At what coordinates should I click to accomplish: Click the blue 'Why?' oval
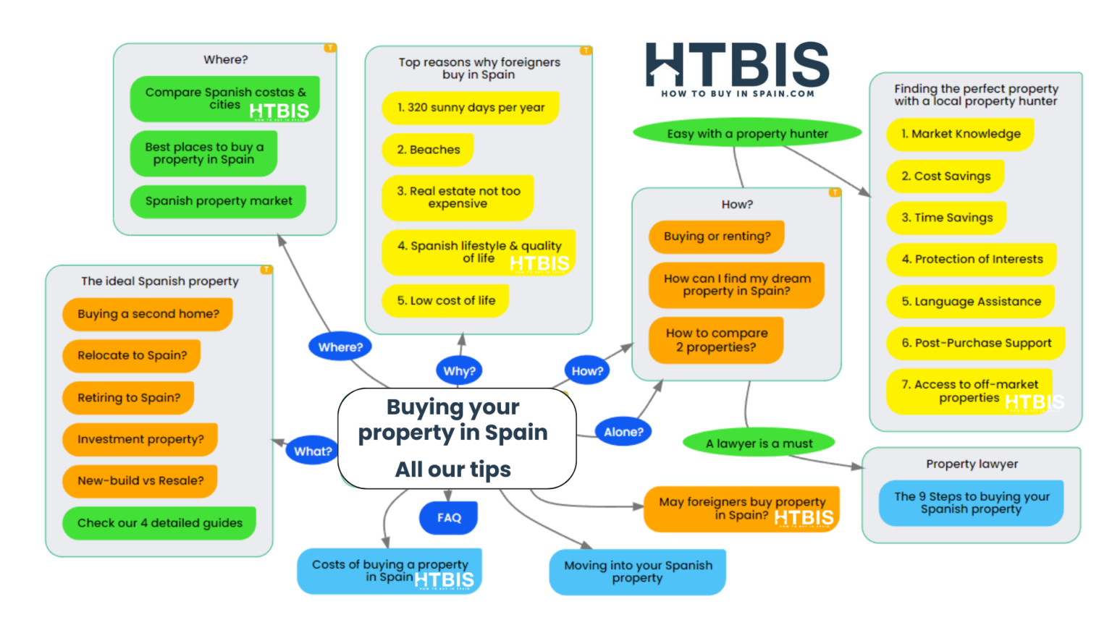459,371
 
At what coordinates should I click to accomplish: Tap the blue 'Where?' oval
340,347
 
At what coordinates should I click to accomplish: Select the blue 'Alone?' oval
623,432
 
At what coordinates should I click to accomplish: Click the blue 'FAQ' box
449,518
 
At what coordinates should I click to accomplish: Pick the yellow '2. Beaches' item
428,150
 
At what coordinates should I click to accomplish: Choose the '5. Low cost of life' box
445,301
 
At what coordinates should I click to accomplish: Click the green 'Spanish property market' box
218,201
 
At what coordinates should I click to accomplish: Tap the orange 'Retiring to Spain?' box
129,398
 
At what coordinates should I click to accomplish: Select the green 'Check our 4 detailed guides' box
159,523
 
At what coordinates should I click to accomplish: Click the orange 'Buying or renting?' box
717,237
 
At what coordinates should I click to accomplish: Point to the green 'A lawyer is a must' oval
759,443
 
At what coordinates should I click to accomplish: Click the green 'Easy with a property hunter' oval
747,134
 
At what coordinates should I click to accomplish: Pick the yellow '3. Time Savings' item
946,218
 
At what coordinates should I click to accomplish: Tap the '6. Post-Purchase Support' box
975,344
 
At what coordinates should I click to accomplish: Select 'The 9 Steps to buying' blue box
971,503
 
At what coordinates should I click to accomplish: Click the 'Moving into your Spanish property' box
637,571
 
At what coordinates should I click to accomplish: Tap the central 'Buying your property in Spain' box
457,438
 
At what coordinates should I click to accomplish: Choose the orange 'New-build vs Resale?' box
140,481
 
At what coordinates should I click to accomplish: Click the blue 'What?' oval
313,451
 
